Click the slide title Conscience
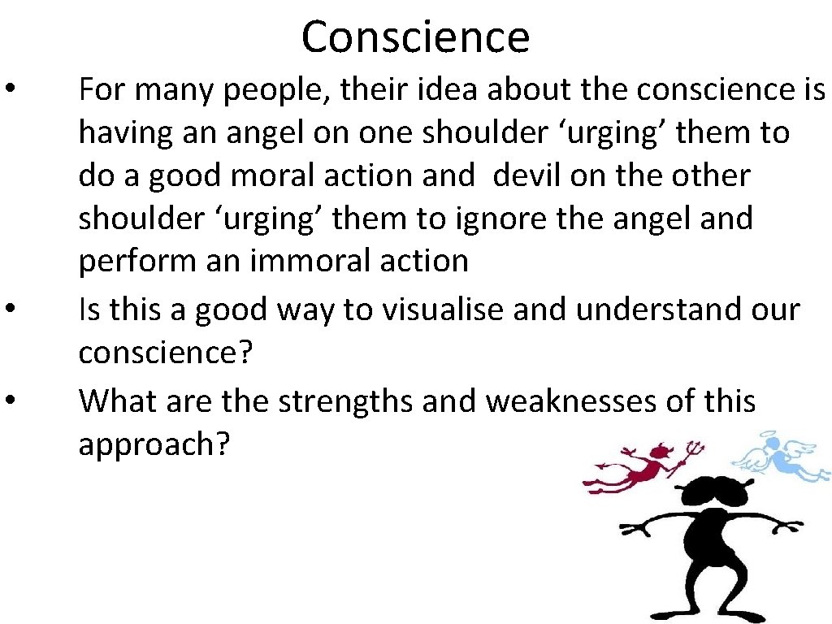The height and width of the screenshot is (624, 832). (x=415, y=37)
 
